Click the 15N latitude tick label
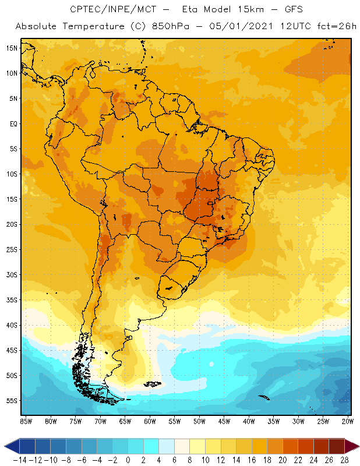coord(11,48)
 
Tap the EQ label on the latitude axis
coord(12,123)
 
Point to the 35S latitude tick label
coord(11,300)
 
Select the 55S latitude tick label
coord(11,401)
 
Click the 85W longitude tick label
coord(26,421)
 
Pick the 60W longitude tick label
coord(150,421)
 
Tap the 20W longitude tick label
coord(348,421)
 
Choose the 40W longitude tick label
coord(249,421)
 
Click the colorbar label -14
coord(20,460)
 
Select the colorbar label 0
coord(128,460)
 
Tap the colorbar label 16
coord(252,460)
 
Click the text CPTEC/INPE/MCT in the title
coord(109,10)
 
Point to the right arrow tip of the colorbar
coord(357,446)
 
